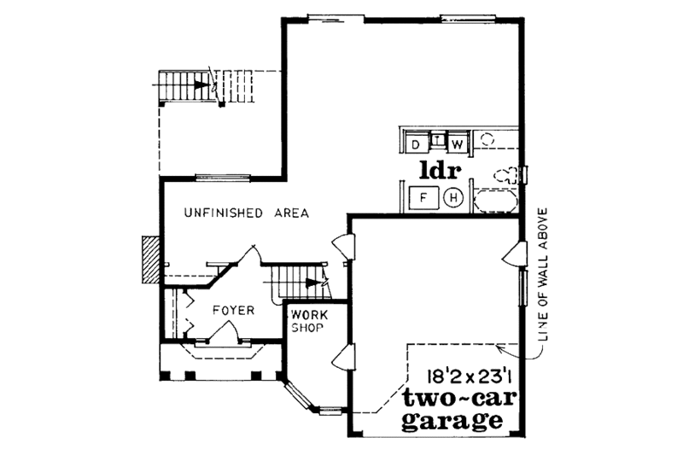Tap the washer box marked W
click(458, 143)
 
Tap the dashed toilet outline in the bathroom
click(507, 174)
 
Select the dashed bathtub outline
click(495, 201)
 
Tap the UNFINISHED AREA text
click(247, 213)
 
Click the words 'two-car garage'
click(450, 409)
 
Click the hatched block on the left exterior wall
click(150, 259)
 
